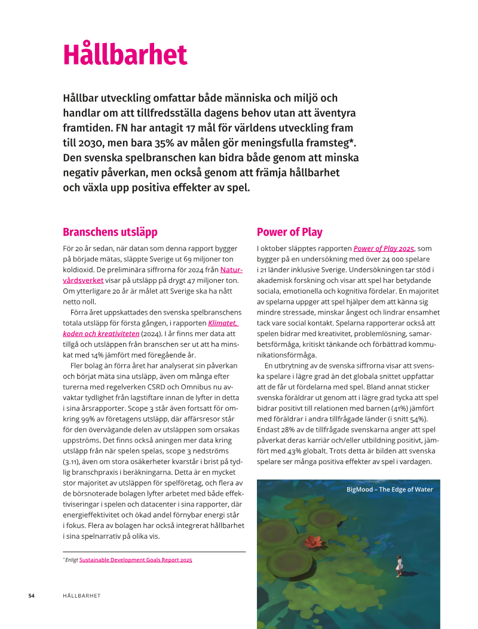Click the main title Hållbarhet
125,55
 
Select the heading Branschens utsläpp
110,232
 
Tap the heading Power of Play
289,232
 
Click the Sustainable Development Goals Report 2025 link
136,560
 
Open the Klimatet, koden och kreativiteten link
223,323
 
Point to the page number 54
32,596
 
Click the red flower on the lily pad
312,542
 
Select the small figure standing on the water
399,564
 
